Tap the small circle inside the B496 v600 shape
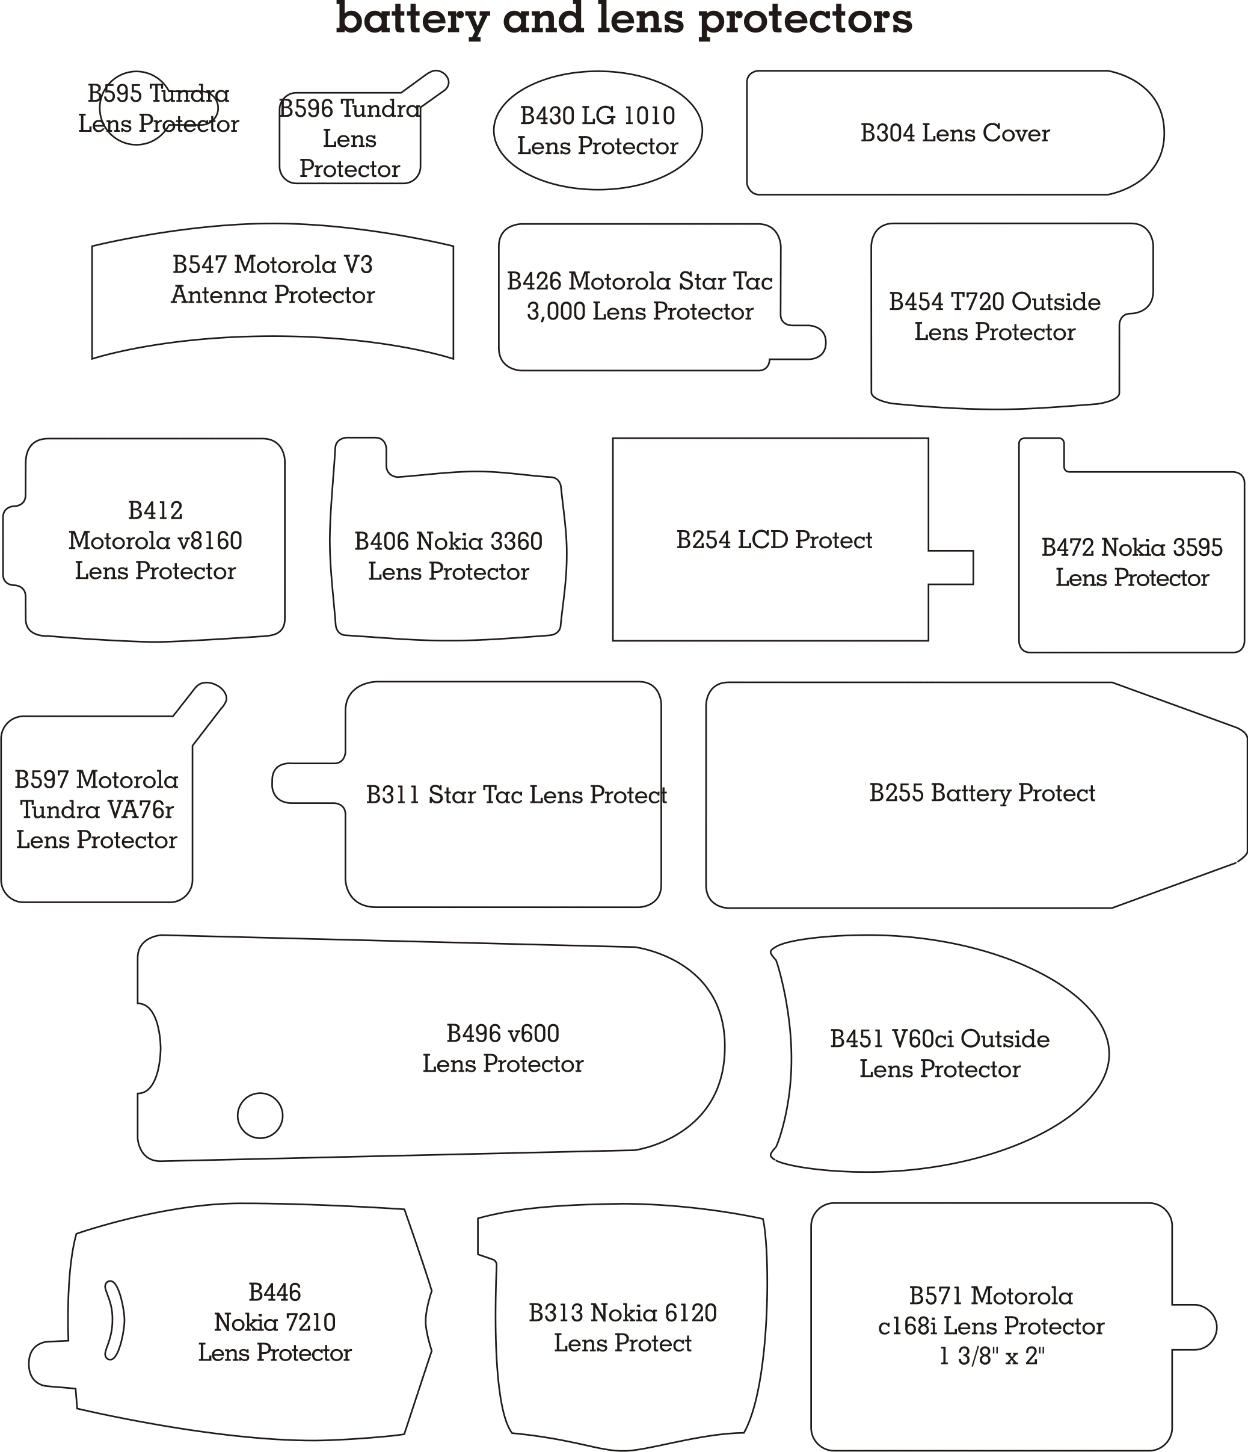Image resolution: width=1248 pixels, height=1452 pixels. pos(260,1116)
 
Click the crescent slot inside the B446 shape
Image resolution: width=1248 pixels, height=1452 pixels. pos(114,1321)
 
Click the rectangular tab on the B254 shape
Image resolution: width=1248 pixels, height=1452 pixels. pos(951,567)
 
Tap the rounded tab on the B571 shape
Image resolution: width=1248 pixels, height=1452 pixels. pos(1194,1327)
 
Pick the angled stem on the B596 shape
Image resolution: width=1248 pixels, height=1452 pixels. pos(425,88)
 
